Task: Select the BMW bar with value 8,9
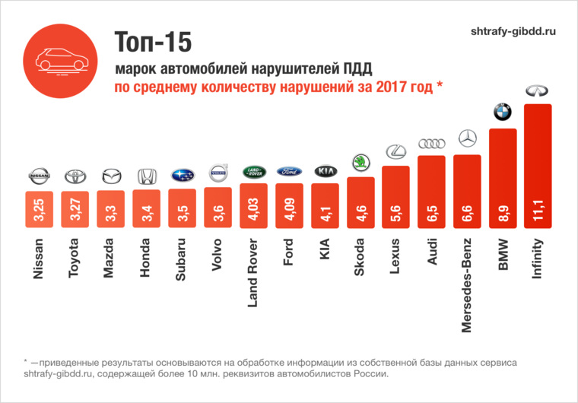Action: pyautogui.click(x=502, y=179)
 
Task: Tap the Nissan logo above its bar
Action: pyautogui.click(x=39, y=176)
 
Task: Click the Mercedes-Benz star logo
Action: pyautogui.click(x=467, y=139)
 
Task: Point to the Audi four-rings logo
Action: pyautogui.click(x=431, y=144)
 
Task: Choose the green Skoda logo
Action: pyautogui.click(x=360, y=163)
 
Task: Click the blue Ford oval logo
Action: pyautogui.click(x=288, y=171)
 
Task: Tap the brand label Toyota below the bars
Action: pyautogui.click(x=75, y=261)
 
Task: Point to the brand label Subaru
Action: pyautogui.click(x=181, y=261)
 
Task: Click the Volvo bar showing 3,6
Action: pyautogui.click(x=218, y=207)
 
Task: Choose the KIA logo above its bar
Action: pyautogui.click(x=325, y=171)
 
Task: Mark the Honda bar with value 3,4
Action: pyautogui.click(x=146, y=208)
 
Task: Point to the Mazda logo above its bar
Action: pyautogui.click(x=110, y=176)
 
